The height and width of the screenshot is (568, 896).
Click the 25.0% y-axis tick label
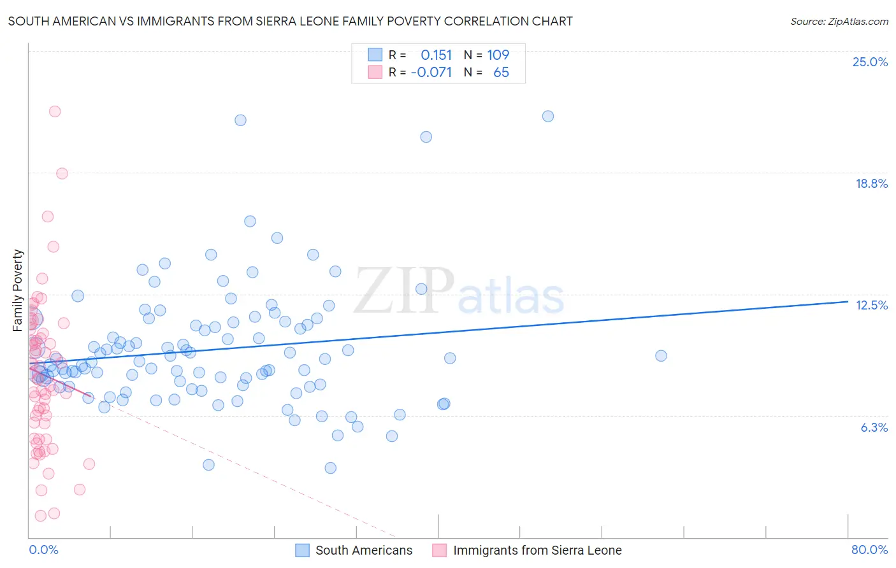(870, 62)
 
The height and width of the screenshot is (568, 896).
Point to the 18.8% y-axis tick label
(871, 183)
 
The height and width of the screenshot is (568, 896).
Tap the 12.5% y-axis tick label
(871, 305)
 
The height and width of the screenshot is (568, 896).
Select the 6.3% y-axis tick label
(874, 427)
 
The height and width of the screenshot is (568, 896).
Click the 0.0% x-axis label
(43, 550)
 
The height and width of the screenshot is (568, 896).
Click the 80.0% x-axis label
(869, 550)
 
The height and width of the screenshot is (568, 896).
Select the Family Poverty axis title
(18, 290)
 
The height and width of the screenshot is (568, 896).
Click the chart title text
(290, 21)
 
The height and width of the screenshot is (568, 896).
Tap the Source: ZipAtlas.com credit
(839, 21)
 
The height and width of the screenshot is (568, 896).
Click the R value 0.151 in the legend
(436, 55)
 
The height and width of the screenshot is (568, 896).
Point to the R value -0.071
(431, 72)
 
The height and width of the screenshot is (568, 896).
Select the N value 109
(498, 55)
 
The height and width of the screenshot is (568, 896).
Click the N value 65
(501, 72)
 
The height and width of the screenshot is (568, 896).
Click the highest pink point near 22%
(55, 111)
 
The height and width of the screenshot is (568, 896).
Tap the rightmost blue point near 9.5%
(661, 356)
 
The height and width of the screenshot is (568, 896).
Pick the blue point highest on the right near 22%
(548, 116)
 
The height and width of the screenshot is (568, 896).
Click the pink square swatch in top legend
(375, 72)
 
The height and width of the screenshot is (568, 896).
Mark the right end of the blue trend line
(848, 301)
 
